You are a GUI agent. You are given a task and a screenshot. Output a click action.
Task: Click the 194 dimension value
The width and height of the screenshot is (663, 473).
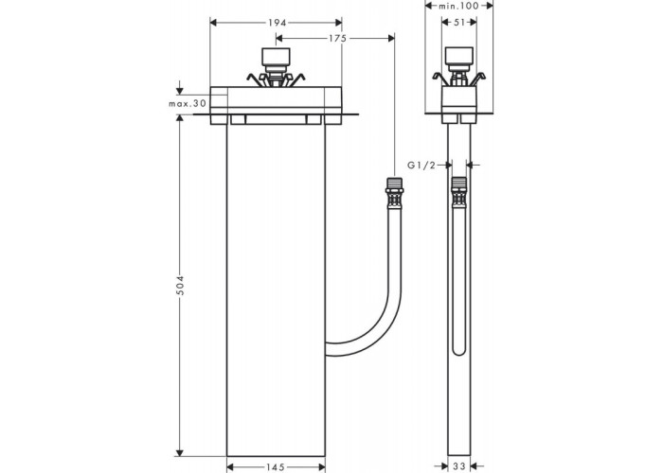277,23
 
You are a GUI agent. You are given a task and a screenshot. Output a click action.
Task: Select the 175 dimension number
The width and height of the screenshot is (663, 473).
338,39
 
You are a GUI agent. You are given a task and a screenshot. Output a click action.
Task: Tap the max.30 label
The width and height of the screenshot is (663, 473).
188,103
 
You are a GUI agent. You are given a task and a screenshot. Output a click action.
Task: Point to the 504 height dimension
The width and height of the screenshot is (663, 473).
180,286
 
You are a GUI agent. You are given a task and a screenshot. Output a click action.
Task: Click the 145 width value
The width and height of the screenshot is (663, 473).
276,466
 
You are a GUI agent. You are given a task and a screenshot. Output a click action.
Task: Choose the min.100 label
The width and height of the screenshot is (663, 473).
458,6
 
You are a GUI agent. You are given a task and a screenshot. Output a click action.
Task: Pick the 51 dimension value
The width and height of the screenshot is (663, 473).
459,23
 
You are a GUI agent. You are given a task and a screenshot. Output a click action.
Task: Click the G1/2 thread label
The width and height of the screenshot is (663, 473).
421,166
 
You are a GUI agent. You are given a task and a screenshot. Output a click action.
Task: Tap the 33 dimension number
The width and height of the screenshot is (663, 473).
458,466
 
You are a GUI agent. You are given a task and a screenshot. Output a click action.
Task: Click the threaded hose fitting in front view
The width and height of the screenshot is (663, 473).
394,193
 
